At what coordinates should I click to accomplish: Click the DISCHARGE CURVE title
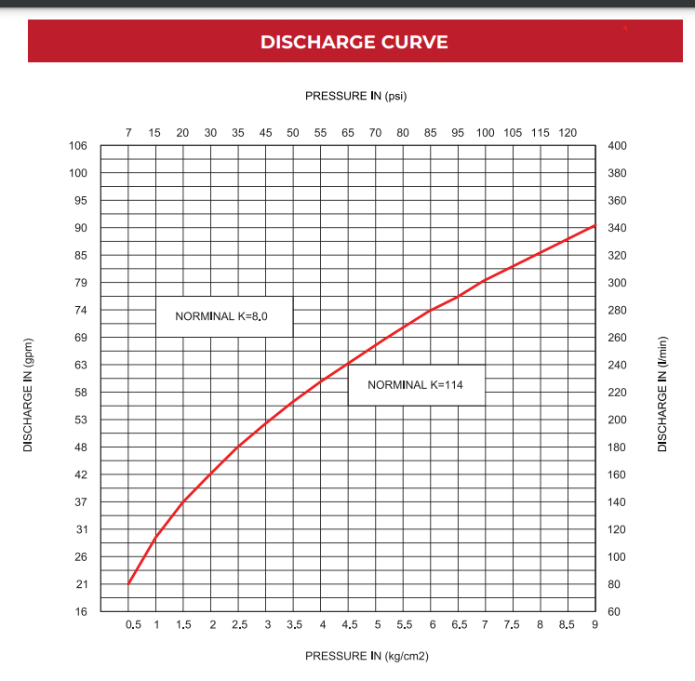pos(354,42)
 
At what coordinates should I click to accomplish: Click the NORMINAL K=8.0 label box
pos(224,316)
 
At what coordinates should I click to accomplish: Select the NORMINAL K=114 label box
pos(417,385)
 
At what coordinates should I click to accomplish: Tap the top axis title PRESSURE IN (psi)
pos(356,96)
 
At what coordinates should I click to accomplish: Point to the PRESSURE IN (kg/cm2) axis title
pos(367,656)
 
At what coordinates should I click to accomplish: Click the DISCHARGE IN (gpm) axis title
pos(28,395)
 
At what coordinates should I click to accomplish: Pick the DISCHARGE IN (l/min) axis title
pos(662,394)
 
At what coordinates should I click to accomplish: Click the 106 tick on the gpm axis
pos(78,146)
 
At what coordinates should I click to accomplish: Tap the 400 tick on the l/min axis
pos(617,146)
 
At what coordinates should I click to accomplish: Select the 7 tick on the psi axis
pos(128,133)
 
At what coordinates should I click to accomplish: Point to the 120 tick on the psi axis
pos(568,133)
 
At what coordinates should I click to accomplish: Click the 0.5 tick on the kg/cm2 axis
pos(133,625)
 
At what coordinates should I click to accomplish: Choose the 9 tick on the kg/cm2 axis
pos(595,625)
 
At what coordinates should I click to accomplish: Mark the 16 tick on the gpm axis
pos(81,612)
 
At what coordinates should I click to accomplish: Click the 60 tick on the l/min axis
pos(614,612)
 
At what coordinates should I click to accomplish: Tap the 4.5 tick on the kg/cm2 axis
pos(350,625)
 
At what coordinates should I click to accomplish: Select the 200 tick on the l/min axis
pos(617,420)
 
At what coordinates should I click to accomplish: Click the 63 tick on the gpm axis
pos(81,365)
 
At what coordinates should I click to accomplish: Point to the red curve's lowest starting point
pos(128,584)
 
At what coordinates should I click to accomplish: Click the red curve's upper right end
pos(595,225)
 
